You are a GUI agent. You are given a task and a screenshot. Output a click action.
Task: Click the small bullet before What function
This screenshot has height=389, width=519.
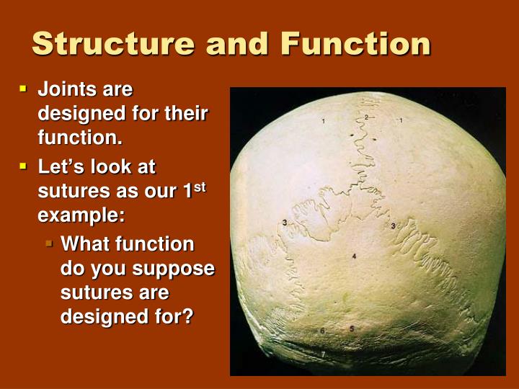click(50, 244)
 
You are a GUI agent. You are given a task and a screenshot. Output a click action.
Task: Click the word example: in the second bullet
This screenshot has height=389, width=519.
click(81, 215)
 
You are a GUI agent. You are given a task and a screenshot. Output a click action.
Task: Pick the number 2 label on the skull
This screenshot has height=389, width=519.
click(366, 117)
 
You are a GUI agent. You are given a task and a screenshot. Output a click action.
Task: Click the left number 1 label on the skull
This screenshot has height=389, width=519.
click(324, 120)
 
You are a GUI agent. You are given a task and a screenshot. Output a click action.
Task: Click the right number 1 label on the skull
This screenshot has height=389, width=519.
click(401, 120)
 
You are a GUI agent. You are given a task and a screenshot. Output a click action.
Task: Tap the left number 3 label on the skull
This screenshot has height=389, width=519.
click(285, 223)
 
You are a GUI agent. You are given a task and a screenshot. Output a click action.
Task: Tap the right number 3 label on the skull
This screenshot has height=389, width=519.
click(393, 226)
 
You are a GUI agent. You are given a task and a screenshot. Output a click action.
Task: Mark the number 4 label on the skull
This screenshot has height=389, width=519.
click(354, 256)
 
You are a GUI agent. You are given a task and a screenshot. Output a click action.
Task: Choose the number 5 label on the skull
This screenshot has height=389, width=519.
click(352, 328)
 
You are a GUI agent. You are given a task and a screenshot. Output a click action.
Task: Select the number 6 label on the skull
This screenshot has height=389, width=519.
click(322, 331)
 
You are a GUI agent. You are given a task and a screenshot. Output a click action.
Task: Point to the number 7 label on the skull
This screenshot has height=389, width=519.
click(323, 354)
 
